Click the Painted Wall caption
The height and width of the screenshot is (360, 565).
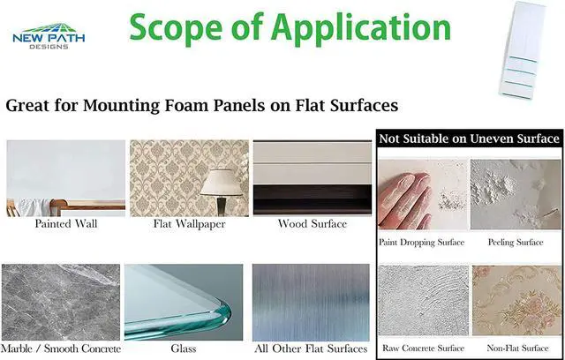click(65, 224)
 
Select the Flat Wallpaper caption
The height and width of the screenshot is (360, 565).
click(189, 224)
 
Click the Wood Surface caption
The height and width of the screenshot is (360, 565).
click(312, 224)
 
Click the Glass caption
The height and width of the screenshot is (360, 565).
click(184, 349)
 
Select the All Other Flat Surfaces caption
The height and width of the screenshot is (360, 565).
click(312, 349)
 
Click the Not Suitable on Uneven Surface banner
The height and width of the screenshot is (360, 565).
click(469, 139)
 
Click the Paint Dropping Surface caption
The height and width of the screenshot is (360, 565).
click(421, 242)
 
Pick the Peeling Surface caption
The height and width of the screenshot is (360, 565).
click(516, 242)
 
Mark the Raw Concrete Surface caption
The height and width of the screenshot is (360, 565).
click(422, 348)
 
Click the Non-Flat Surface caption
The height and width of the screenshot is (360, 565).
click(516, 348)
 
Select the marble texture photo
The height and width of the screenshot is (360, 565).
click(61, 301)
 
